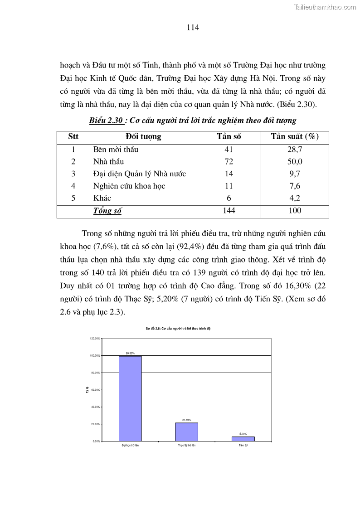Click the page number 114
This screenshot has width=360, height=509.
pos(193,27)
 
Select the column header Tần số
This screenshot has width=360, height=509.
pos(229,137)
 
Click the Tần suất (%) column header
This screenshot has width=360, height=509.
pos(295,137)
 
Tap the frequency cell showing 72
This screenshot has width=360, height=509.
pos(229,161)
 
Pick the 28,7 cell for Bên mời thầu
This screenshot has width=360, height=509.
pos(295,149)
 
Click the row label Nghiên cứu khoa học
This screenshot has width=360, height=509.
pos(129,186)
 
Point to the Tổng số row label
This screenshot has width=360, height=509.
pos(107,211)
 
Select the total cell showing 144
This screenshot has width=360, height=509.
pos(229,211)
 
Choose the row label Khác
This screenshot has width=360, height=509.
pos(102,198)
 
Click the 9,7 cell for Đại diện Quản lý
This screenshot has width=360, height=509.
pos(295,174)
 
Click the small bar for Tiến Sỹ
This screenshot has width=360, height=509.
pos(243,438)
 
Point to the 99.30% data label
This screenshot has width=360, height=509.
pos(130,353)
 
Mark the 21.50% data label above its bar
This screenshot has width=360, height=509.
pos(186,420)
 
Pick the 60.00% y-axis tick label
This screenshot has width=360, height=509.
pos(95,390)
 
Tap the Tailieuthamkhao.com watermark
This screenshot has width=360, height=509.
pos(325,7)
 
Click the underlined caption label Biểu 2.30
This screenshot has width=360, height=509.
pos(106,121)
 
